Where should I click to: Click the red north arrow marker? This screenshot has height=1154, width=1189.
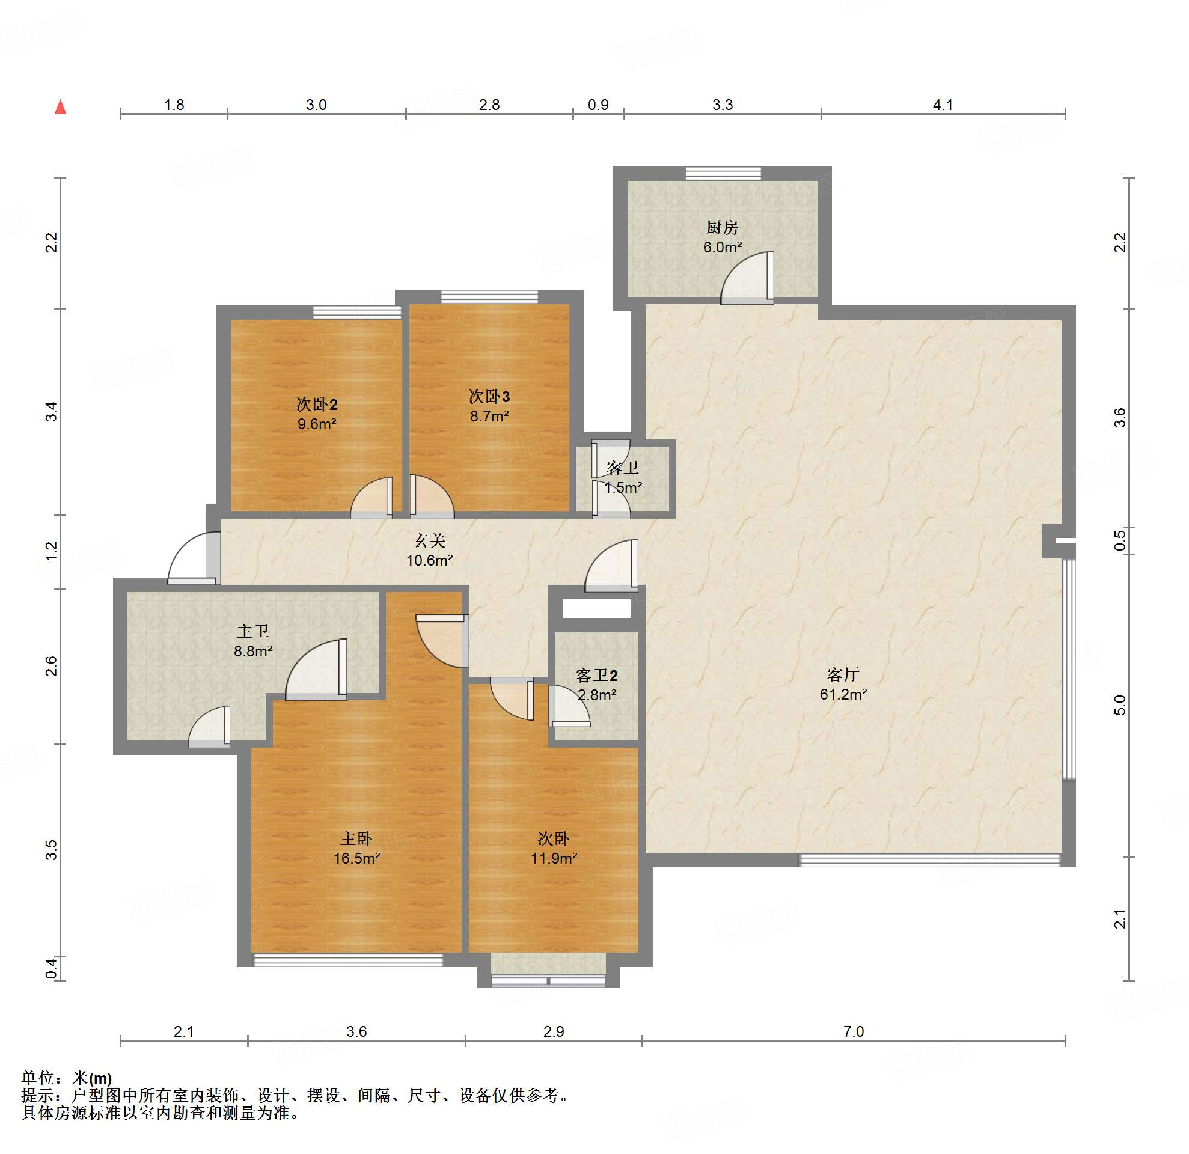[x=60, y=108]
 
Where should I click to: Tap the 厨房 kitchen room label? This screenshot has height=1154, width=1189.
[x=722, y=227]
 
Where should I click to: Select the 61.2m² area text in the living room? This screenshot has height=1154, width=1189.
[x=843, y=694]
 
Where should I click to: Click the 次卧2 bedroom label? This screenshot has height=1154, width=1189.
[x=317, y=404]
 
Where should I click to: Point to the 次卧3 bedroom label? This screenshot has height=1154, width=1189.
[x=489, y=397]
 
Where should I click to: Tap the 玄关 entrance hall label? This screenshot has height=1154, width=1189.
[x=430, y=540]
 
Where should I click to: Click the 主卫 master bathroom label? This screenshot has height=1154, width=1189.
[x=253, y=631]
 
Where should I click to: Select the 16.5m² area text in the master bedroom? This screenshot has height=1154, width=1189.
[x=356, y=858]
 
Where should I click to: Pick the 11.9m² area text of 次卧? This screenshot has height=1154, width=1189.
[x=554, y=858]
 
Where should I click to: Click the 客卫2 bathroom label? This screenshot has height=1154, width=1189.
[x=596, y=676]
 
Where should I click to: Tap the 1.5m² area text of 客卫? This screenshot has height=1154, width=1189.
[x=623, y=487]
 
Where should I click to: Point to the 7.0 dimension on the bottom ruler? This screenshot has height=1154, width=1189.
[x=854, y=1031]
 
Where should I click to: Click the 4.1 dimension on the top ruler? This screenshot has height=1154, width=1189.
[x=943, y=105]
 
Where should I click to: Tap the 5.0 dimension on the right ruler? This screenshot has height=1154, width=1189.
[x=1120, y=705]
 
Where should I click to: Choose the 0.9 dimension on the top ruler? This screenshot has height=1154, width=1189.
[x=598, y=105]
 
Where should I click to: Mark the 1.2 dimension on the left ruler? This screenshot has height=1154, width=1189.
[x=52, y=551]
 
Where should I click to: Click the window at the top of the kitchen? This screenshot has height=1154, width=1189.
[x=723, y=174]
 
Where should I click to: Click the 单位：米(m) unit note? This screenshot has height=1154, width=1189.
[x=67, y=1078]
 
